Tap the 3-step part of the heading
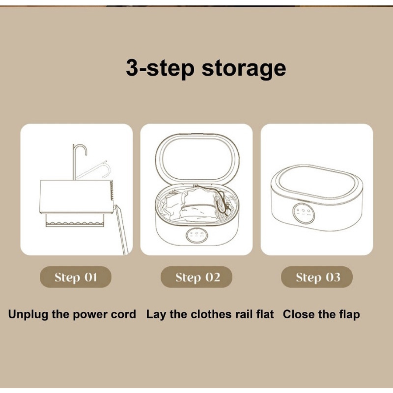point(160,67)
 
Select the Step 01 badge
point(75,277)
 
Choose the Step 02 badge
point(196,277)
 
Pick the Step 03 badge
point(317,277)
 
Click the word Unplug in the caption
point(28,314)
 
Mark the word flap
point(349,314)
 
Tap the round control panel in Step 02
point(197,235)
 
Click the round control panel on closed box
point(303,213)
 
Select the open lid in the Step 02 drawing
point(197,135)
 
